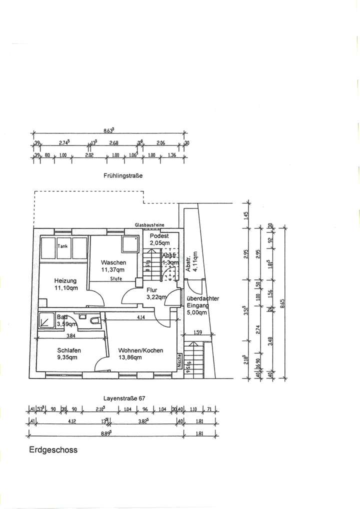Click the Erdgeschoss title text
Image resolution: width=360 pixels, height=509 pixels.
tap(53, 449)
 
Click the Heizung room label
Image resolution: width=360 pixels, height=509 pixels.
tap(65, 280)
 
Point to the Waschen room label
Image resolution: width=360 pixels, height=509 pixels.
tap(113, 262)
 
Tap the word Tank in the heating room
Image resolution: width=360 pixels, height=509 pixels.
tap(62, 246)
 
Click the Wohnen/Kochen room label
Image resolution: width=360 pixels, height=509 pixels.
tap(140, 350)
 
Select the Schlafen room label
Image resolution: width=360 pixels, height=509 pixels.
tap(69, 350)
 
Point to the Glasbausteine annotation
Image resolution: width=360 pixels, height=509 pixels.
tap(149, 225)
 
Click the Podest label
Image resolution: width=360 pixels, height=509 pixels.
tap(159, 235)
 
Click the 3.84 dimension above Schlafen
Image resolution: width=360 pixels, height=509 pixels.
tap(70, 335)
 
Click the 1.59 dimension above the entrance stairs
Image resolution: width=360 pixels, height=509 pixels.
tap(198, 332)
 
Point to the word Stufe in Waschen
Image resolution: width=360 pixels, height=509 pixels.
tap(116, 278)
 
